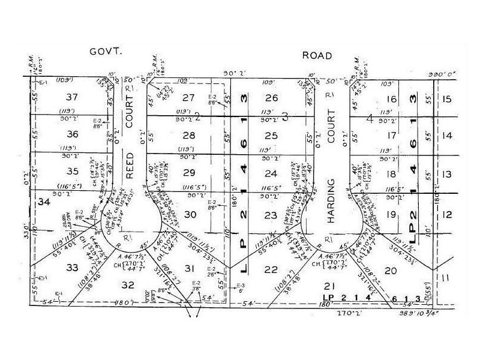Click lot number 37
(73, 97)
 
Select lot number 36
(73, 134)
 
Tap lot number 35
(73, 171)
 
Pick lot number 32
(127, 286)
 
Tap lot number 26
(272, 98)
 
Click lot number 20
(391, 270)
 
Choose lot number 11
(445, 278)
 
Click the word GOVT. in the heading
(106, 52)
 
